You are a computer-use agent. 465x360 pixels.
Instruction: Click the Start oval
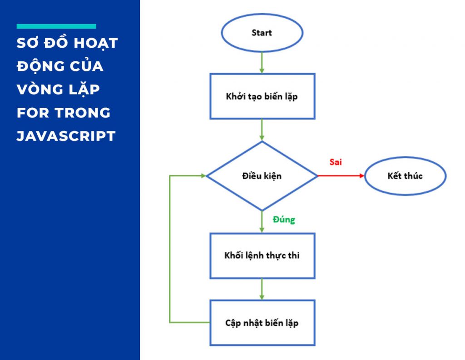pyautogui.click(x=262, y=33)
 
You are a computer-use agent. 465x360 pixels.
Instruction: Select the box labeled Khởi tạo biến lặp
pyautogui.click(x=262, y=96)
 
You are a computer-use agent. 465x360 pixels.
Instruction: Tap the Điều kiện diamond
pyautogui.click(x=262, y=176)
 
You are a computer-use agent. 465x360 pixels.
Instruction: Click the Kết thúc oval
pyautogui.click(x=405, y=176)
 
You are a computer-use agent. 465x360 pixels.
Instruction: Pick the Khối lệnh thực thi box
pyautogui.click(x=262, y=255)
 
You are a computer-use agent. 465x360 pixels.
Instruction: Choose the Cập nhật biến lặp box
pyautogui.click(x=262, y=323)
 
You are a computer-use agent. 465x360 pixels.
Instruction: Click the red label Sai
pyautogui.click(x=336, y=162)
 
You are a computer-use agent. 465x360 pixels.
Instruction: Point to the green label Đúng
pyautogui.click(x=284, y=220)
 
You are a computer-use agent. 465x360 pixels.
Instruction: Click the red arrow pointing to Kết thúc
pyautogui.click(x=341, y=176)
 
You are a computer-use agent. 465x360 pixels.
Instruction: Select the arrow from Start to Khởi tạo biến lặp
pyautogui.click(x=262, y=62)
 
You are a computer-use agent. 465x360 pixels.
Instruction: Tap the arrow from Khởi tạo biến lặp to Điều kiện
pyautogui.click(x=262, y=130)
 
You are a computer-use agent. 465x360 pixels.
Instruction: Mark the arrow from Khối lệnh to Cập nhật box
pyautogui.click(x=262, y=289)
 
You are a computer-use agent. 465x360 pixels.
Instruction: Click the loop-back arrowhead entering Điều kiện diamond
pyautogui.click(x=202, y=176)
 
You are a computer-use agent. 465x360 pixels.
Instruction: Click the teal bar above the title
pyautogui.click(x=56, y=26)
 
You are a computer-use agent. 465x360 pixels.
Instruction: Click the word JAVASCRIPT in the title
pyautogui.click(x=66, y=136)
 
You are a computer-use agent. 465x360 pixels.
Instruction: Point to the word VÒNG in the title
pyautogui.click(x=40, y=90)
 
